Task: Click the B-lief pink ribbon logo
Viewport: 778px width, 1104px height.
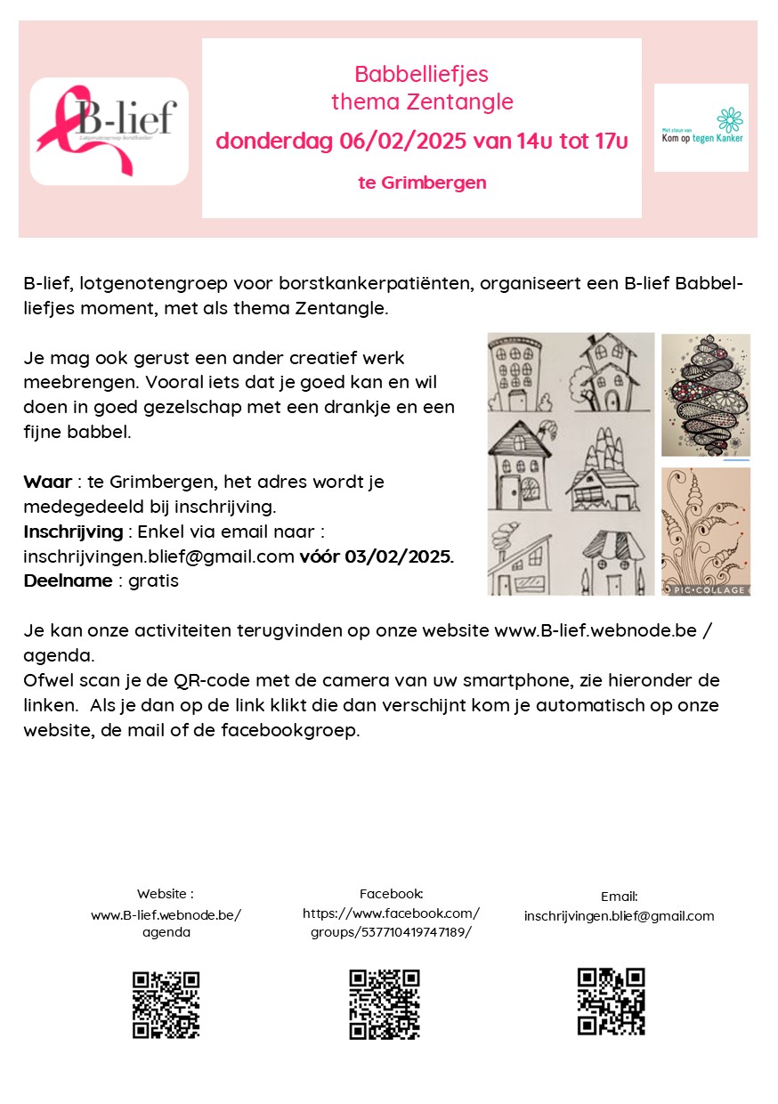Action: pos(109,130)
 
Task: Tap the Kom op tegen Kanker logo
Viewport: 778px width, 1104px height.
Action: pos(701,127)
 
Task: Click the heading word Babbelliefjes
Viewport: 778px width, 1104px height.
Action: pos(421,74)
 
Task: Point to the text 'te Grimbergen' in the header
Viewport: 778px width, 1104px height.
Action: pos(422,183)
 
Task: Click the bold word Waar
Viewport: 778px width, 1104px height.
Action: pos(47,482)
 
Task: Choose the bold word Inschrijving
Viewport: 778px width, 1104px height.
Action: pos(73,532)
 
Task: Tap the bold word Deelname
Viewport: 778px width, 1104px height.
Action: pos(68,580)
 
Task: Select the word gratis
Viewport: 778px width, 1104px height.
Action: pos(153,580)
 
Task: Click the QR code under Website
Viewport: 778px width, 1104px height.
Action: pos(166,1005)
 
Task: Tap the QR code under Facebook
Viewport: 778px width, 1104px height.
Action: pos(384,1004)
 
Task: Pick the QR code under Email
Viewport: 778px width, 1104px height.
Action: pos(611,1002)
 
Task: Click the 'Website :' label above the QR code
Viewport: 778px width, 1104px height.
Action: pos(166,893)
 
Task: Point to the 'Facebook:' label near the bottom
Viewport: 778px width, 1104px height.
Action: pos(391,893)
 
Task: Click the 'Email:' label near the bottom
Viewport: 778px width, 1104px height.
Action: pos(619,897)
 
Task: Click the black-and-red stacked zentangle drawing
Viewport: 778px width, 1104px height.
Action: pos(705,395)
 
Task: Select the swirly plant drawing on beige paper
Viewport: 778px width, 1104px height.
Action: pos(705,525)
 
